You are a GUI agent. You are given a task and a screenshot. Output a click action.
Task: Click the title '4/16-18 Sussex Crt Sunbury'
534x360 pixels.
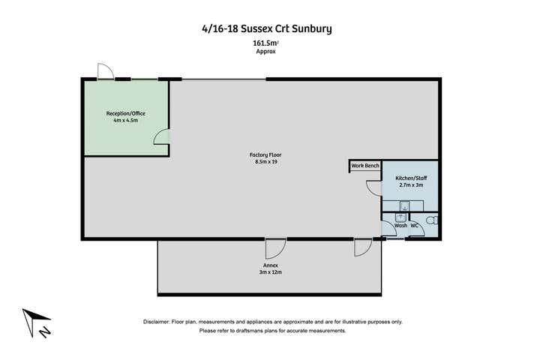[x=266, y=29]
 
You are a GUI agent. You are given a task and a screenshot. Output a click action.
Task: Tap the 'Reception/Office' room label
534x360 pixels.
[x=126, y=113]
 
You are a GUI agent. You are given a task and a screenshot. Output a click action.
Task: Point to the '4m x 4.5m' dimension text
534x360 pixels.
[x=126, y=121]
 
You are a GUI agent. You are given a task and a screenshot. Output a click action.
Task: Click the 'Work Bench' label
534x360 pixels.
[x=365, y=165]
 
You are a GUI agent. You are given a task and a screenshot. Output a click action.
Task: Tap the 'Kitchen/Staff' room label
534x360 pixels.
[x=411, y=178]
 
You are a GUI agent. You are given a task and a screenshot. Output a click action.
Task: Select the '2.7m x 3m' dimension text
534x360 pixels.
[x=411, y=185]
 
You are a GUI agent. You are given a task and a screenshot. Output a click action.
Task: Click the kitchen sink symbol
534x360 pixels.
[x=404, y=205]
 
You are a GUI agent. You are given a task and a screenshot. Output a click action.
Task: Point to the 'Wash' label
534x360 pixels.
[x=400, y=225]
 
